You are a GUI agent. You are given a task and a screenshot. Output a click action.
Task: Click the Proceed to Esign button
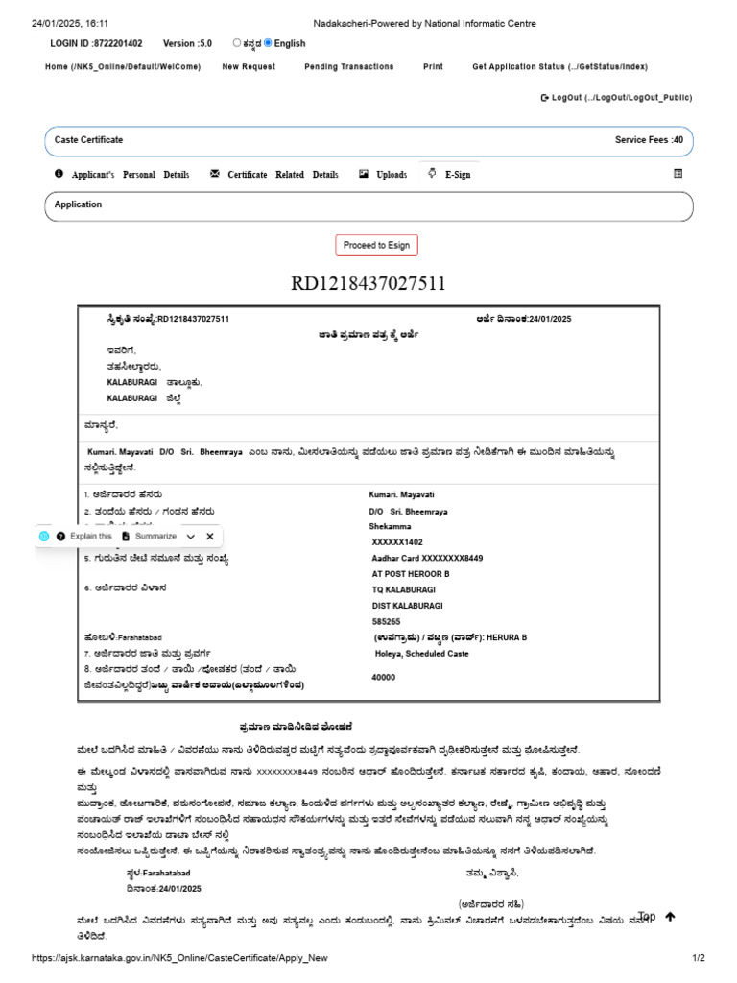click(376, 246)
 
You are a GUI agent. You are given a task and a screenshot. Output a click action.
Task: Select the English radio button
click(268, 43)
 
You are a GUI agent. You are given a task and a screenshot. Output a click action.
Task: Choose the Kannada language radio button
click(237, 43)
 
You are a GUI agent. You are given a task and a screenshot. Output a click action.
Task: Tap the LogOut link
click(616, 98)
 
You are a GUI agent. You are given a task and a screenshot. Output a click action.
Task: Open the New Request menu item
click(249, 67)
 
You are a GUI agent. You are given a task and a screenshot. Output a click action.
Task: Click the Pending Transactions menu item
click(348, 67)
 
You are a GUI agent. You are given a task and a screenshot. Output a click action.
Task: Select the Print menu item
click(433, 67)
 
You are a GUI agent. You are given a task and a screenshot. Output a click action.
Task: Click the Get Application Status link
click(559, 67)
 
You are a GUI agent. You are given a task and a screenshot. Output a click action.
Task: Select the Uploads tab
click(383, 175)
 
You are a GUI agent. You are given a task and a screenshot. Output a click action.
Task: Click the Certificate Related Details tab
click(274, 175)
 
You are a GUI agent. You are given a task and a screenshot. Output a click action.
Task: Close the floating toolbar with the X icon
click(210, 537)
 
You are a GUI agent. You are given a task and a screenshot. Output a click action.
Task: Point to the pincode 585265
click(387, 621)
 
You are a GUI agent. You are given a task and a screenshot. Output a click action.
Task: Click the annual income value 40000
click(384, 677)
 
